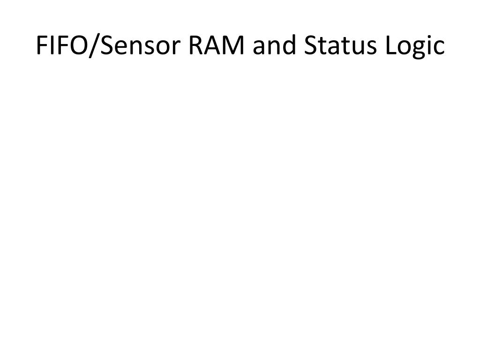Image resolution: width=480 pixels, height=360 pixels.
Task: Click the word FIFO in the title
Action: (x=62, y=45)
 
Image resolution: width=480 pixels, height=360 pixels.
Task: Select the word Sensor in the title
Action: (x=140, y=46)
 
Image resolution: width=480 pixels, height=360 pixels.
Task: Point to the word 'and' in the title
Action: (x=274, y=45)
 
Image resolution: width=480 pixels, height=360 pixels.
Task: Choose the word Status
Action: (x=340, y=45)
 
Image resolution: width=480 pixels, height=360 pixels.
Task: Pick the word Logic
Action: (x=415, y=46)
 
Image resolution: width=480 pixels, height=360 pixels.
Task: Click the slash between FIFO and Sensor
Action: (x=94, y=46)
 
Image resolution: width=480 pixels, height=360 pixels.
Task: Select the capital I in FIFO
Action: (x=51, y=45)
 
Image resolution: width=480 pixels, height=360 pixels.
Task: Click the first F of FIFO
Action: (x=42, y=45)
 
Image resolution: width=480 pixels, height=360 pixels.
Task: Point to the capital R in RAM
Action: (x=196, y=45)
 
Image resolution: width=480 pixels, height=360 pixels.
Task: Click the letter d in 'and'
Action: (x=289, y=45)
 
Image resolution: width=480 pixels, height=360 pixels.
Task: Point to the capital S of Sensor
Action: (x=107, y=45)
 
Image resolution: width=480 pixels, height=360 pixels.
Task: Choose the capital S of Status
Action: (x=311, y=45)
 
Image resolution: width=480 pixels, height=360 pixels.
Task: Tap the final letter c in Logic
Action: (x=439, y=48)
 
